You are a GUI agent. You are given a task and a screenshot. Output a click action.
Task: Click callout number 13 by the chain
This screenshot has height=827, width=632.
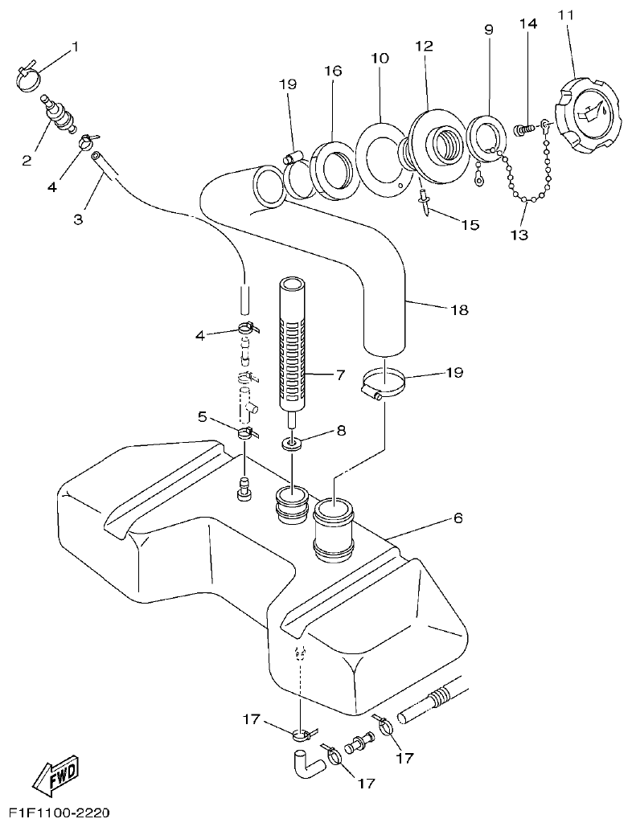click(x=519, y=235)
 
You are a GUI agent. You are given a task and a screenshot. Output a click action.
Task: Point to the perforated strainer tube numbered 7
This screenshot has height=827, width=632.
click(x=293, y=342)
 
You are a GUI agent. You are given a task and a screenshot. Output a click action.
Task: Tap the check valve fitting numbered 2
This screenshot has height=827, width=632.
click(x=60, y=113)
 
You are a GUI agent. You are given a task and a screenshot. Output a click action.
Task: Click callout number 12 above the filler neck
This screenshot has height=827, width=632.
click(x=425, y=47)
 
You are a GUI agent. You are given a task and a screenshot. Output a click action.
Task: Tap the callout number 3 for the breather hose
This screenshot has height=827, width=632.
click(x=79, y=218)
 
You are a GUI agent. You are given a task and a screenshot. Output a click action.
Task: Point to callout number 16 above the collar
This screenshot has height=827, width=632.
click(x=333, y=72)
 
